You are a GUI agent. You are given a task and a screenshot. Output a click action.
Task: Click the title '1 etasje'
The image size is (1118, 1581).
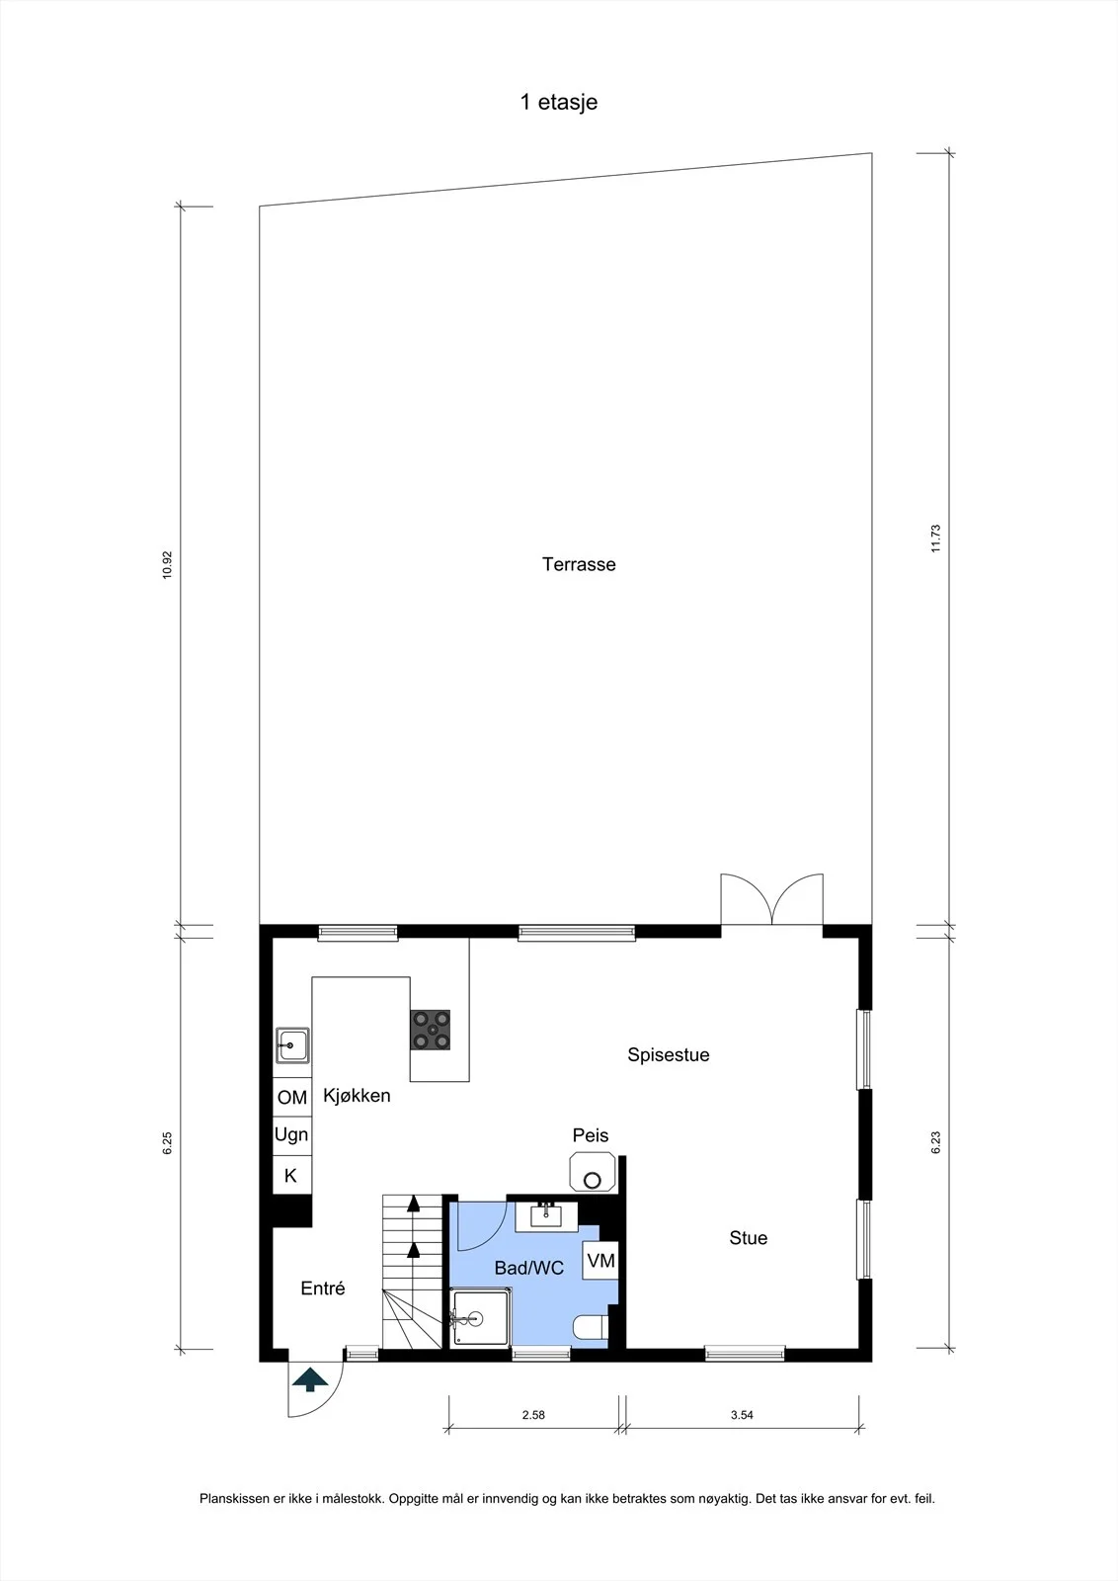tap(559, 103)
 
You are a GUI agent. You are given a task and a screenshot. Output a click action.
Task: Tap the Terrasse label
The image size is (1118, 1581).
tap(579, 564)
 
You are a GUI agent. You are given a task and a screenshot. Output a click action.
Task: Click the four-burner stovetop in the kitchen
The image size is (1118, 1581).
tap(431, 1030)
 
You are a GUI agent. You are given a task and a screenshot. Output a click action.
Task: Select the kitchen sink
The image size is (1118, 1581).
tap(292, 1045)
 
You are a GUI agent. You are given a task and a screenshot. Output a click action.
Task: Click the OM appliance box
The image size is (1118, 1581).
tap(292, 1097)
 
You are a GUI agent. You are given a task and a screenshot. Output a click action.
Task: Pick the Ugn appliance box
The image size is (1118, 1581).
tap(292, 1135)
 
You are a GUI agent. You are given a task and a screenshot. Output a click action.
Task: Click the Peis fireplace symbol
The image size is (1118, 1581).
tap(593, 1172)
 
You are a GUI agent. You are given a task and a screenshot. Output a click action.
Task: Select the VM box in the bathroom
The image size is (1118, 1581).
tap(600, 1260)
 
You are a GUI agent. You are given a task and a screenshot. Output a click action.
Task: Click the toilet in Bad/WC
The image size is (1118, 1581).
tap(591, 1327)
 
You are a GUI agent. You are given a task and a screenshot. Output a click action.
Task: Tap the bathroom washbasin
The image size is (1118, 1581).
tap(546, 1216)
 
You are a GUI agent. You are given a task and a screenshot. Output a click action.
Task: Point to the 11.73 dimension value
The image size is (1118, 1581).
tap(936, 538)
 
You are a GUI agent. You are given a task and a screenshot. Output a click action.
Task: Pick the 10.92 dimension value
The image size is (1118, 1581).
tap(167, 564)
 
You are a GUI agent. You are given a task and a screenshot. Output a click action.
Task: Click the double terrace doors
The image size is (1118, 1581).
tap(771, 899)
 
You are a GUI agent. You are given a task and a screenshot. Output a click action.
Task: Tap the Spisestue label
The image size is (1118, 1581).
tap(668, 1054)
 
